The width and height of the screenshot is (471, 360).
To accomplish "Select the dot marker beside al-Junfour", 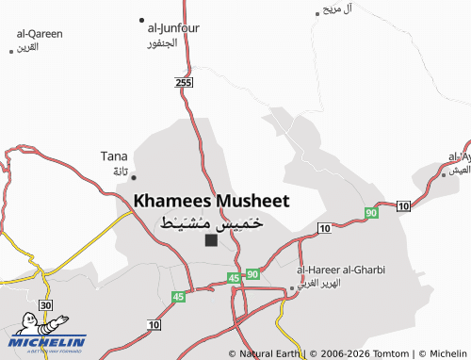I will tap(141, 20).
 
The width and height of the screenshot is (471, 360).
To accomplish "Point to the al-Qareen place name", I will tap(39, 34).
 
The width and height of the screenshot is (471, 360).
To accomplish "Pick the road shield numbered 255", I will tap(185, 85).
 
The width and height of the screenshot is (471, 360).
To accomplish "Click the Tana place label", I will tap(114, 156).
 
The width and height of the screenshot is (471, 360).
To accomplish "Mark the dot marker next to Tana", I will tap(134, 176).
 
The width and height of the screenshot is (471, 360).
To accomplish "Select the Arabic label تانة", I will tap(120, 172).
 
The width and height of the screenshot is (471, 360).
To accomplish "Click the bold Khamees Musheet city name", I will tap(211, 201).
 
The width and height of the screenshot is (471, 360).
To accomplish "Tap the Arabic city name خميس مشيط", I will tap(211, 222).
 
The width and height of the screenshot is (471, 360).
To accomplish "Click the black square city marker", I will tap(211, 240).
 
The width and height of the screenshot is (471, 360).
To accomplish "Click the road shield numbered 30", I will tap(45, 305).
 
